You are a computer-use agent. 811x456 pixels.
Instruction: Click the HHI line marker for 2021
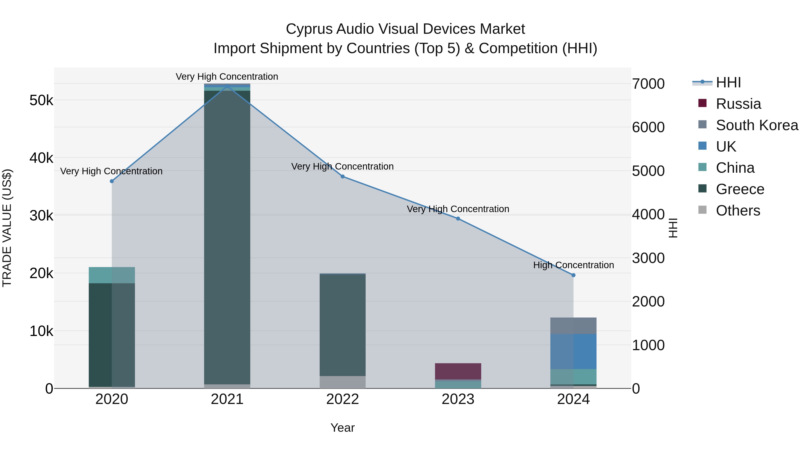[x=227, y=86]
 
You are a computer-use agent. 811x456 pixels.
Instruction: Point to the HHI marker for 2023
[x=458, y=219]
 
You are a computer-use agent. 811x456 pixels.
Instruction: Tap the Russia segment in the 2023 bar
[x=458, y=371]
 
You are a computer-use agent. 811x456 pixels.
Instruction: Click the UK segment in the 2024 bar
[x=573, y=352]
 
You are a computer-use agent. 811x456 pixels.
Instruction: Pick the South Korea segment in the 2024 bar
[x=573, y=326]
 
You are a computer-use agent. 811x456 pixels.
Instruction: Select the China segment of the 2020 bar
[x=112, y=275]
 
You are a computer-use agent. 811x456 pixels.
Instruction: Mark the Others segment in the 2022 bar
[x=342, y=382]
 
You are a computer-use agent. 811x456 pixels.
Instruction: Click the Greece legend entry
[x=740, y=189]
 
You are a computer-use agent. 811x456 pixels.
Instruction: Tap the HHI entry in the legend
[x=728, y=82]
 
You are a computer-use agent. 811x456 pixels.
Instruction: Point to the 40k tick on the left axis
[x=41, y=158]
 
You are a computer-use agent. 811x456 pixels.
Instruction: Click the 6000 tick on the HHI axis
[x=648, y=127]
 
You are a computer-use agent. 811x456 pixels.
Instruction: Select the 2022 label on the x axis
[x=342, y=399]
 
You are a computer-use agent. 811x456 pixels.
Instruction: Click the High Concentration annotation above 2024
[x=573, y=265]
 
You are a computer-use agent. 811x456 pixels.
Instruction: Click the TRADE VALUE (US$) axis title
[x=7, y=228]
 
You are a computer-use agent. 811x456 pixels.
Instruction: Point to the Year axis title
[x=342, y=428]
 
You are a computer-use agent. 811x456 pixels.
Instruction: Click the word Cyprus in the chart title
[x=309, y=29]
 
